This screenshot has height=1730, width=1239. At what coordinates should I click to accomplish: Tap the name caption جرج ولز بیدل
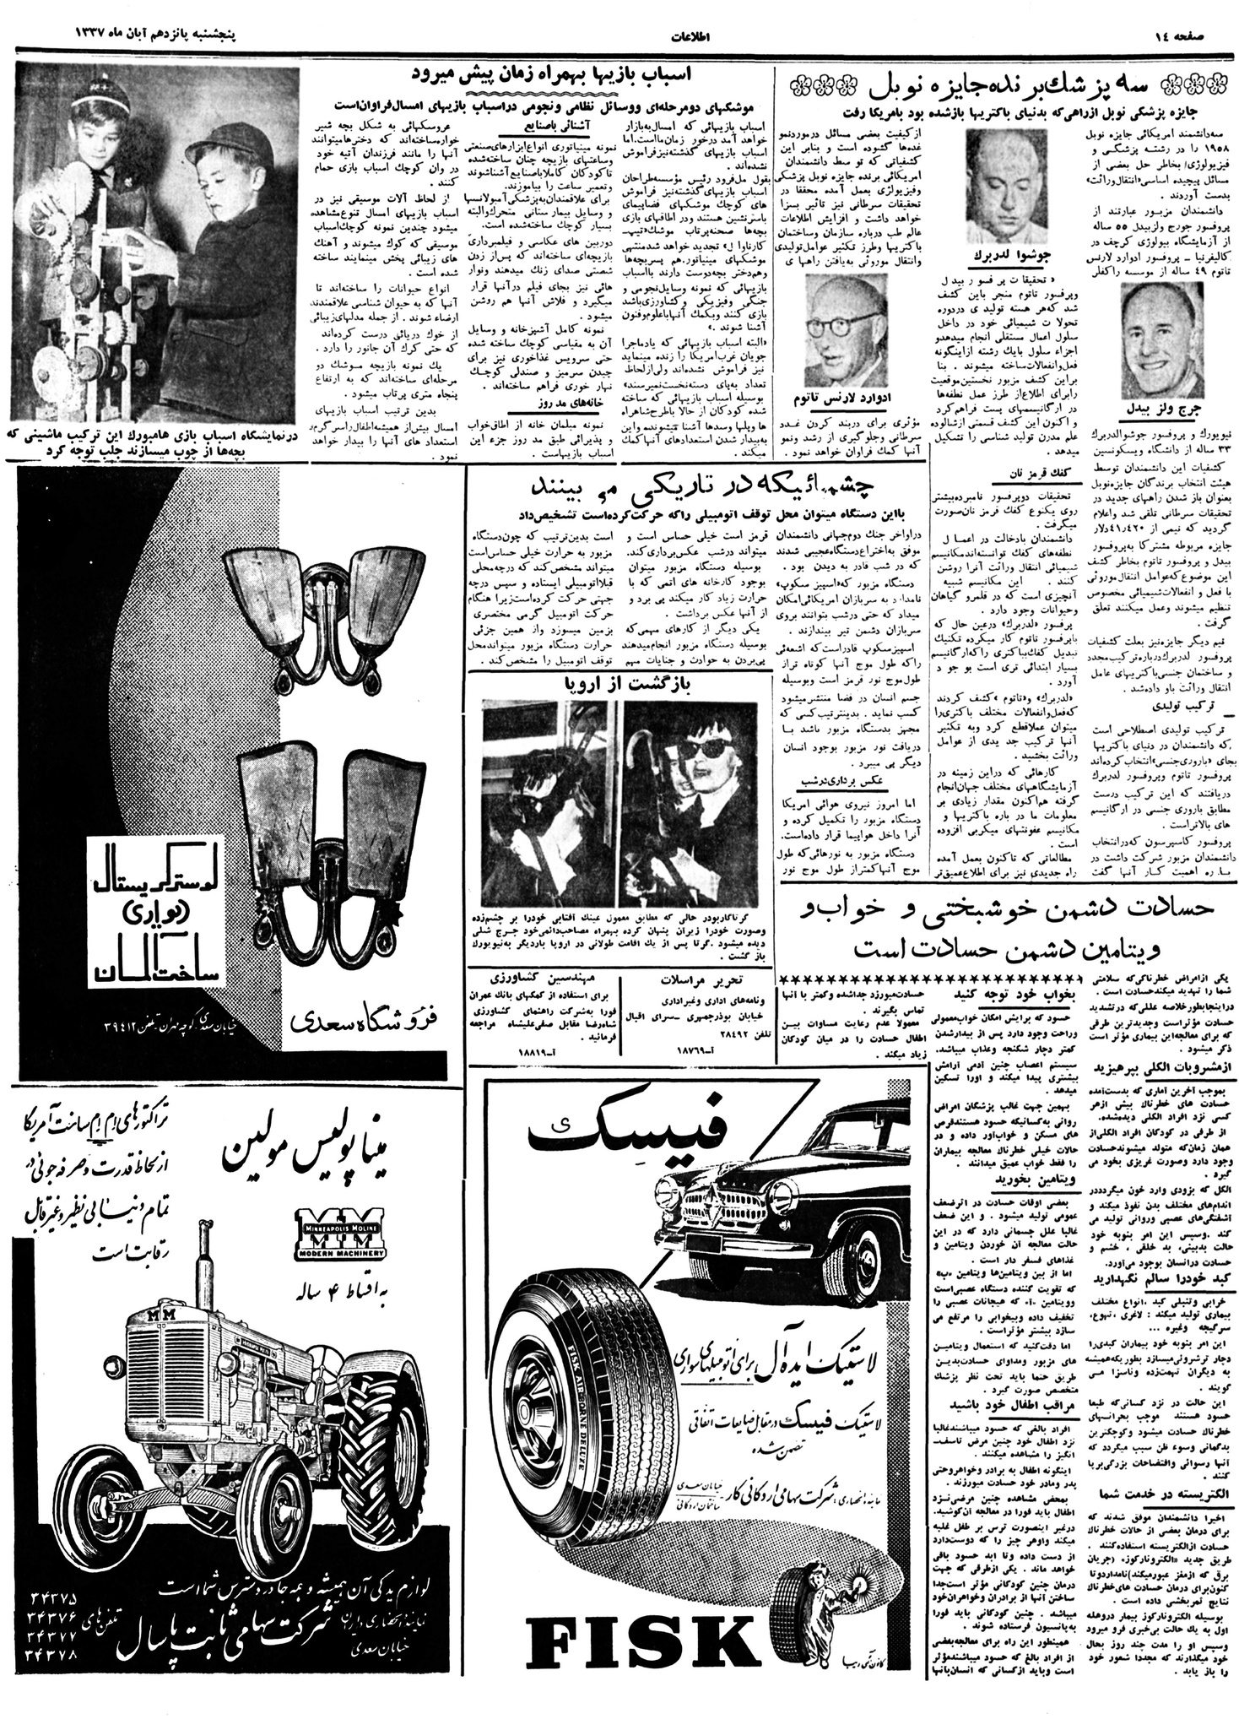coord(1154,407)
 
